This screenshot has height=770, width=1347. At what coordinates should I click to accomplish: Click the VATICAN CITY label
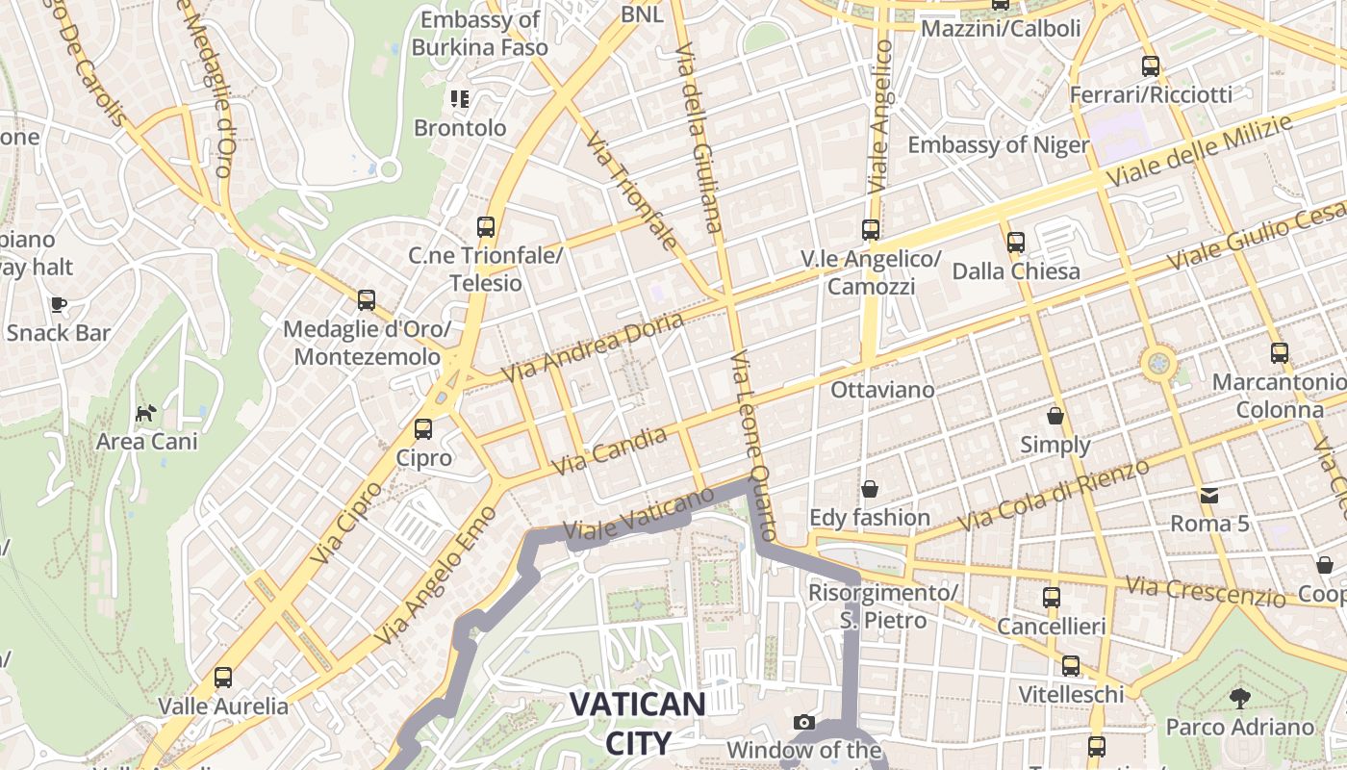tap(637, 722)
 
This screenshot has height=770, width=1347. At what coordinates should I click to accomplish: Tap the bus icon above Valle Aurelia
tap(223, 678)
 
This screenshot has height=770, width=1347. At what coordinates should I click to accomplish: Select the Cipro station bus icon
tap(423, 429)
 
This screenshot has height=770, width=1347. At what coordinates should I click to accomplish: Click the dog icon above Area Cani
tap(145, 414)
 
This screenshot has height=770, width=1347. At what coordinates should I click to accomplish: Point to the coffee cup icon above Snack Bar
tap(59, 305)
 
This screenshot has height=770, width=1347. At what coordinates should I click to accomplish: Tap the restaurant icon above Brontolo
tap(459, 98)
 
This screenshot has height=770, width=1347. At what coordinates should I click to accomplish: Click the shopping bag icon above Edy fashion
tap(870, 489)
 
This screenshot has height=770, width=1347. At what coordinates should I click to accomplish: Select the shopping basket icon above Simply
tap(1055, 416)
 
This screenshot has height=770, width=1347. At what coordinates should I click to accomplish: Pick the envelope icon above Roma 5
tap(1209, 496)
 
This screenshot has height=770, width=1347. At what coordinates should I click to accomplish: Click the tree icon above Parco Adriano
tap(1239, 698)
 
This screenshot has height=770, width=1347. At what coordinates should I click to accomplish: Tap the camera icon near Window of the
tap(804, 722)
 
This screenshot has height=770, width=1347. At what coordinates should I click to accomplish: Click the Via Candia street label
tap(610, 450)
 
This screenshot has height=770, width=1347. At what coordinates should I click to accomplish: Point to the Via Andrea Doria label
tap(594, 346)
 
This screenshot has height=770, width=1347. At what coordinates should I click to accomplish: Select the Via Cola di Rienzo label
tap(1055, 495)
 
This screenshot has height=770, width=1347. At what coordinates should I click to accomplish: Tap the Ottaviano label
tap(882, 390)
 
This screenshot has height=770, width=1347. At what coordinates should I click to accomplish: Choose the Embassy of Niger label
tap(998, 145)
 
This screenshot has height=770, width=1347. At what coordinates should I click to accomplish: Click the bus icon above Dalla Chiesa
tap(1016, 243)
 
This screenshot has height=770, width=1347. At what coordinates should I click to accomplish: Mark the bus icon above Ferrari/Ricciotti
tap(1151, 66)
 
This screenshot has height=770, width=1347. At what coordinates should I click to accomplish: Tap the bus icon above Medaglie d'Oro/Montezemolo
tap(367, 300)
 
